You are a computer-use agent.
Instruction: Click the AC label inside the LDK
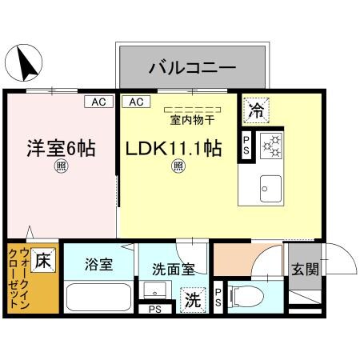[134, 102]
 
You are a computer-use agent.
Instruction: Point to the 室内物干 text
[192, 121]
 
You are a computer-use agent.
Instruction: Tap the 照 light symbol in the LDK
[179, 166]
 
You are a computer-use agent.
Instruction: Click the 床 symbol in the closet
[43, 261]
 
